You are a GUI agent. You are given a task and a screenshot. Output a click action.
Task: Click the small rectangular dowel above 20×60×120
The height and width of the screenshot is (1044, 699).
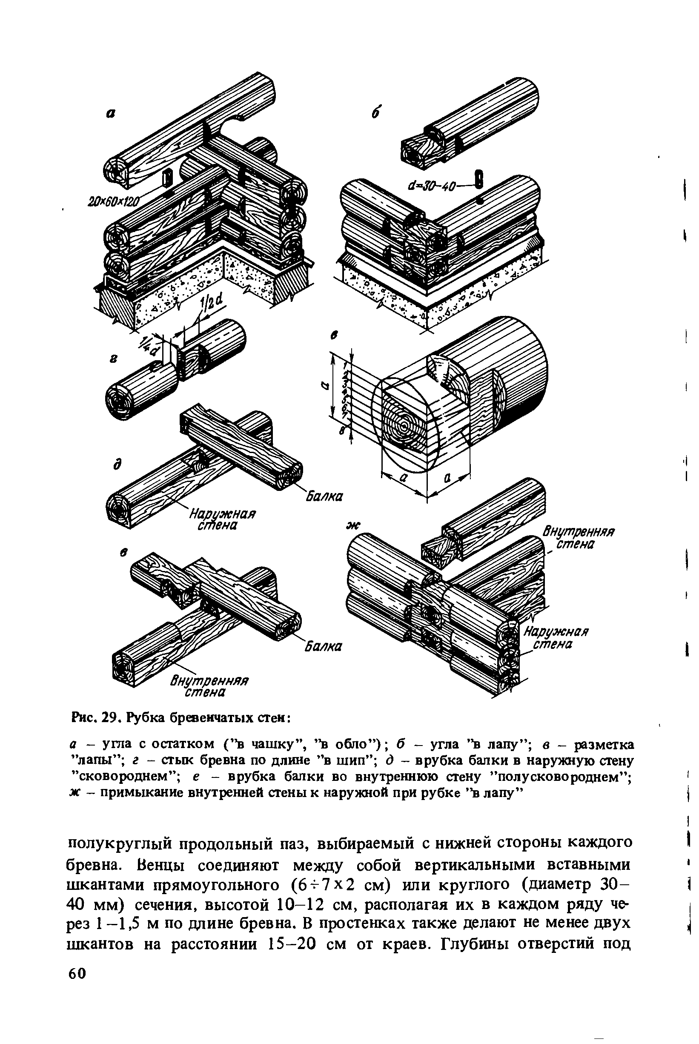pos(167,178)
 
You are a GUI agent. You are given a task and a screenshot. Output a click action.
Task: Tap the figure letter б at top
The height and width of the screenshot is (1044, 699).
pos(375,114)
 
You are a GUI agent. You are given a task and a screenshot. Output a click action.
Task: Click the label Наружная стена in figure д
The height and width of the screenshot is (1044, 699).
pos(221,520)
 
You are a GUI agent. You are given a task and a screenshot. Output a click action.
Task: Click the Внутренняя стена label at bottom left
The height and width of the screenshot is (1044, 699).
pos(209,687)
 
